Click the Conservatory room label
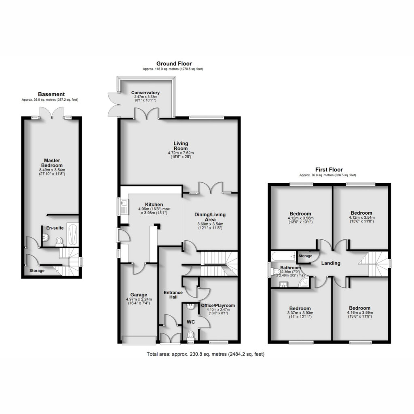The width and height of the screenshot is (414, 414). [x=145, y=93]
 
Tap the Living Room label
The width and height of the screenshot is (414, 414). [x=181, y=146]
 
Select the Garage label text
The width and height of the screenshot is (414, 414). [x=139, y=295]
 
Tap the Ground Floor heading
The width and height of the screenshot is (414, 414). [x=174, y=63]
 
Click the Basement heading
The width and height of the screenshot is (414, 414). [x=51, y=94]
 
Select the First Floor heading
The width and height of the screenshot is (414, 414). [x=329, y=170]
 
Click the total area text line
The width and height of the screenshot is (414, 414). [x=205, y=354]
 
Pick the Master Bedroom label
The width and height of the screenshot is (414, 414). [x=52, y=163]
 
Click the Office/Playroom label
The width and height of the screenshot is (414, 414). [x=218, y=306]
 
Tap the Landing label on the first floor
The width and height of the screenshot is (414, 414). [x=331, y=263]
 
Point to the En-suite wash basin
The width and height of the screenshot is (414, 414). [x=45, y=237]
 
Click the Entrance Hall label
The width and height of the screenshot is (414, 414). [x=173, y=295]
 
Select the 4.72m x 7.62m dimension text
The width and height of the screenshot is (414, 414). [x=181, y=153]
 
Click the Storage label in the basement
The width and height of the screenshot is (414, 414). [x=37, y=270]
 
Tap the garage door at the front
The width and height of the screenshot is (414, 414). [x=139, y=340]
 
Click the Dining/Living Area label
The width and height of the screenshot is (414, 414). [x=210, y=217]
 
